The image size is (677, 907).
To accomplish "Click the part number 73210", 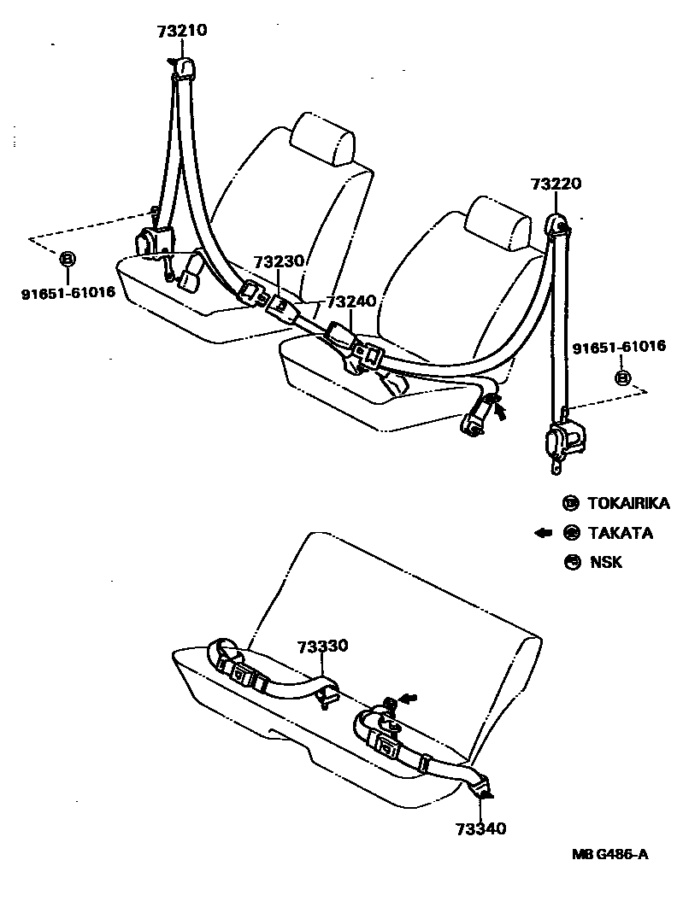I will pos(181,32).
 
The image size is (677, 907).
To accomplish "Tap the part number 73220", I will pos(555,184).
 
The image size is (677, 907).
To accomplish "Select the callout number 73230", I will pos(278,262).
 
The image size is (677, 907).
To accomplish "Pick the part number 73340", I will pos(481,828).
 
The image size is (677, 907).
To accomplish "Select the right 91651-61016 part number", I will pos(618,347).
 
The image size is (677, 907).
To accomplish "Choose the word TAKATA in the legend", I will pos(620,534).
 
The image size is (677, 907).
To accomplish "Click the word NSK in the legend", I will pos(606,562).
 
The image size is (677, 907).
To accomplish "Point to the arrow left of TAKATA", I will pos(543,533).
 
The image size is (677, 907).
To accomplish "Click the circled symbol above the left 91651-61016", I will pos(68,260).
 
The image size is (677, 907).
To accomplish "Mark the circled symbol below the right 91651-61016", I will pos(623,377).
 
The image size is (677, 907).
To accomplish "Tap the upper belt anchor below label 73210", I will pos(183,68).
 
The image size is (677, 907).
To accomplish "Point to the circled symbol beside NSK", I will pos(570,562).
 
